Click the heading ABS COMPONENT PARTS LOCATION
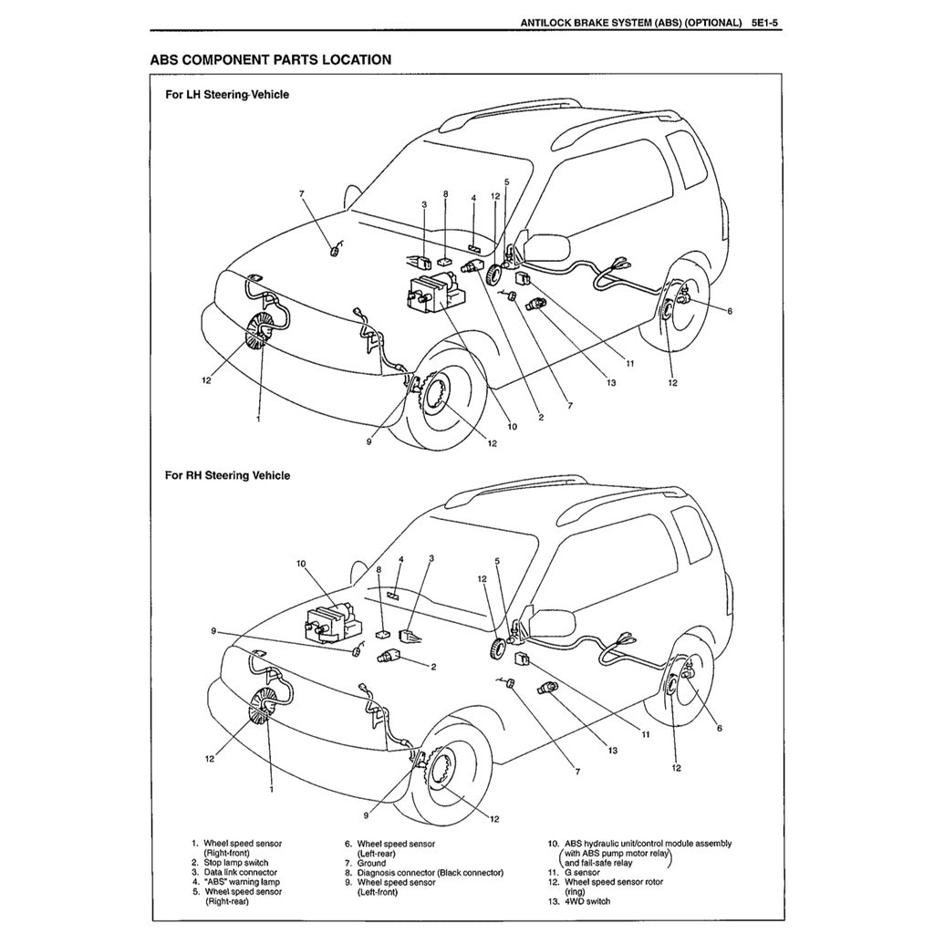pos(271,60)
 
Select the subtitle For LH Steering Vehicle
pos(227,95)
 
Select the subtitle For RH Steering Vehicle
pos(227,475)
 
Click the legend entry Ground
pos(371,863)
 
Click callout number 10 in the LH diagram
pos(512,426)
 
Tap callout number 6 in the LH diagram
pos(729,311)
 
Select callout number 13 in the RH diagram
pos(612,750)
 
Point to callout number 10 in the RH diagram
pos(302,564)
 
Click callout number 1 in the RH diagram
pos(271,791)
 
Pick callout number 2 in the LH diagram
pos(541,418)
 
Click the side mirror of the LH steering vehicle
pos(546,245)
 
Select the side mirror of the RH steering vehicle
pos(553,623)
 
